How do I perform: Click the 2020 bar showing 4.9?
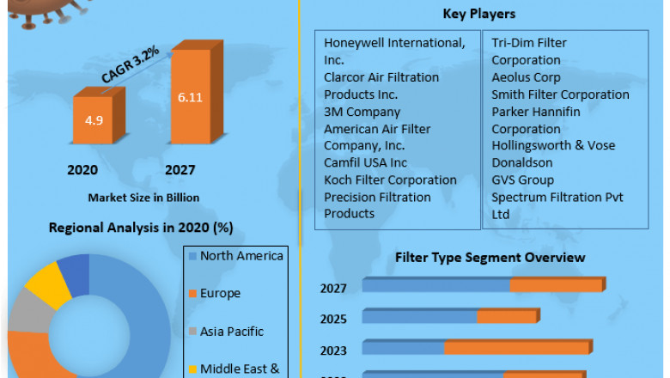pyautogui.click(x=93, y=120)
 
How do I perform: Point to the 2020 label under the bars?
pyautogui.click(x=82, y=170)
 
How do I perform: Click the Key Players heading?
pyautogui.click(x=478, y=14)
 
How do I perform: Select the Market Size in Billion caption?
pyautogui.click(x=143, y=198)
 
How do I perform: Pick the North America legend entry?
pyautogui.click(x=241, y=256)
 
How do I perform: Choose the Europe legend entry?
pyautogui.click(x=220, y=294)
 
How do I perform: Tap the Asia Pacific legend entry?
pyautogui.click(x=232, y=332)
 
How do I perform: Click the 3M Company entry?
pyautogui.click(x=362, y=112)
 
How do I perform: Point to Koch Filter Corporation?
pyautogui.click(x=390, y=180)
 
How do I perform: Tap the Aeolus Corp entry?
pyautogui.click(x=526, y=77)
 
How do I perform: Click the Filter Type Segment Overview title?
pyautogui.click(x=490, y=258)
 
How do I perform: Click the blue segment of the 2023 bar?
pyautogui.click(x=404, y=348)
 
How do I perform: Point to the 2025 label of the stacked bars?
pyautogui.click(x=333, y=319)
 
